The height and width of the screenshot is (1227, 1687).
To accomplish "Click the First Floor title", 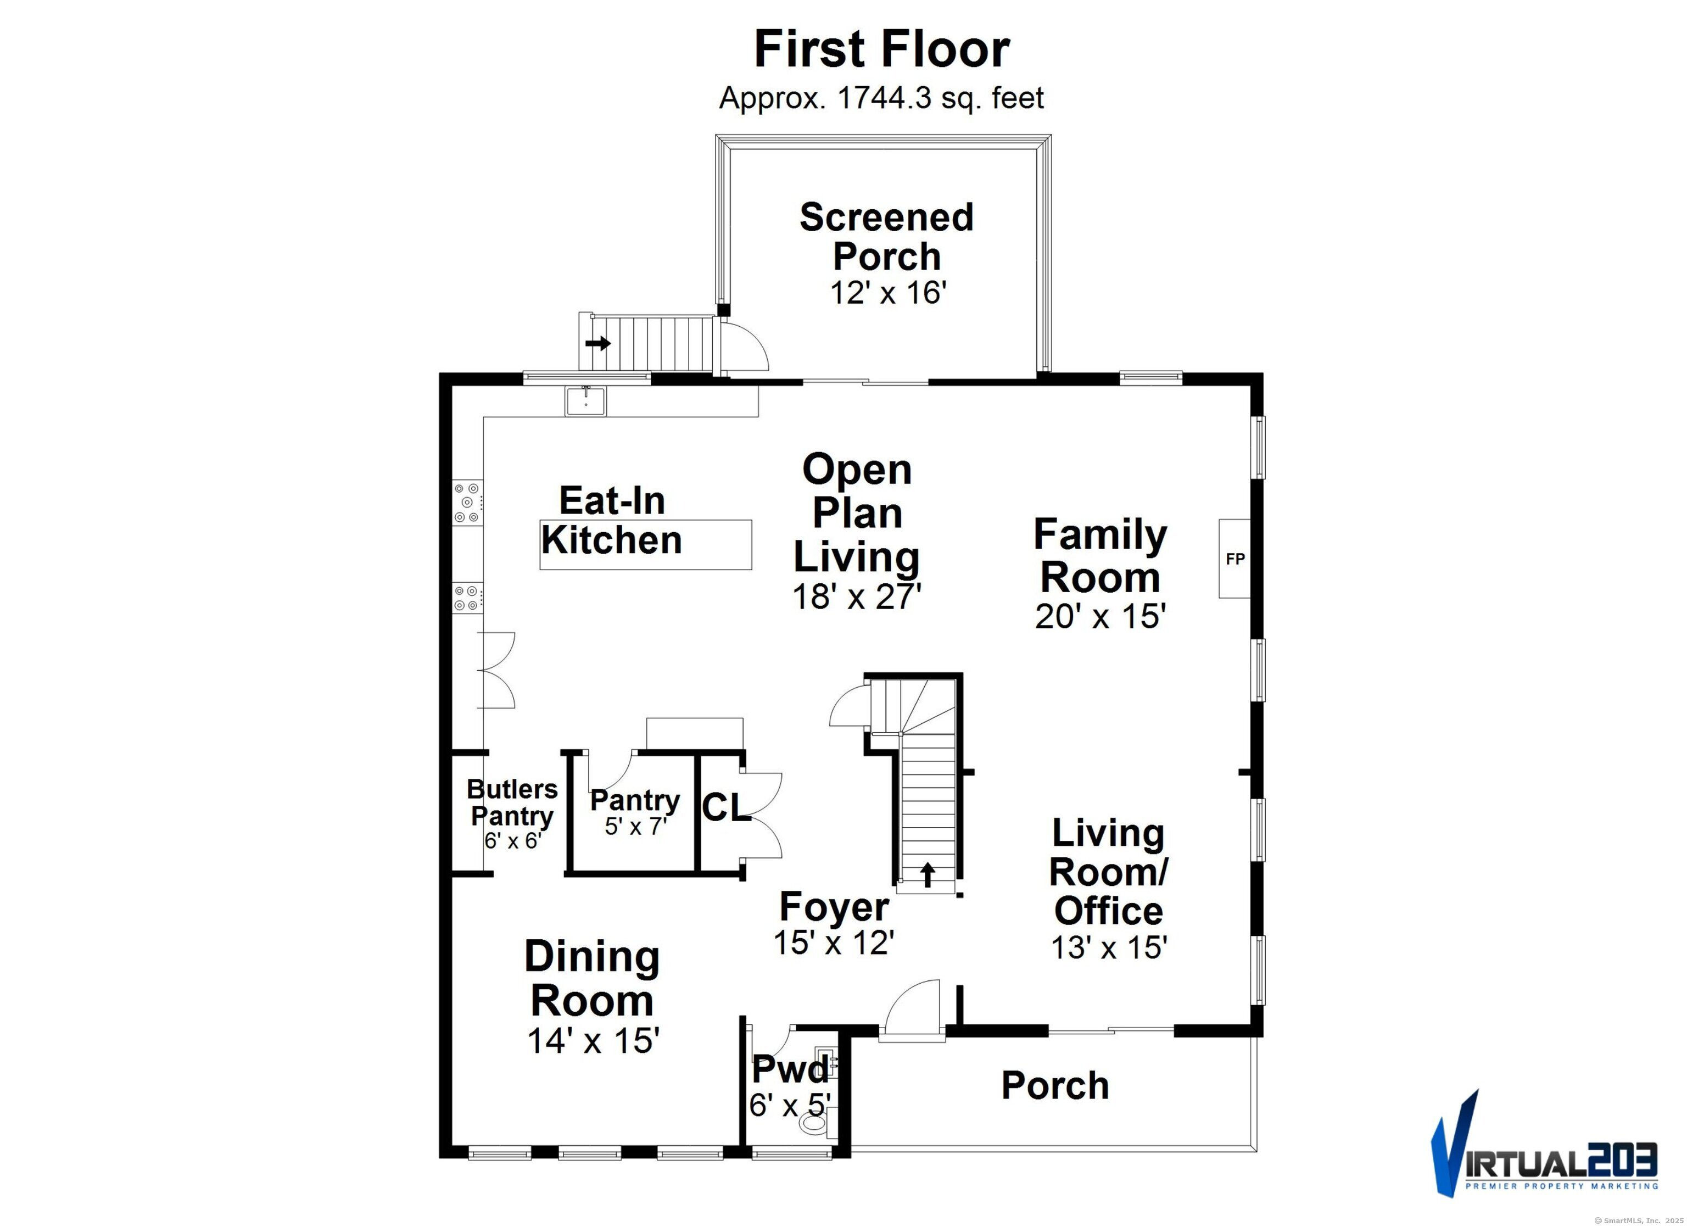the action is pos(882,49).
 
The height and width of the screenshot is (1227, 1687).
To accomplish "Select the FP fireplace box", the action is pos(1234,558).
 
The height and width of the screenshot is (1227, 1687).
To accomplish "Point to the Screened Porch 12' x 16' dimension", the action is pos(887,293).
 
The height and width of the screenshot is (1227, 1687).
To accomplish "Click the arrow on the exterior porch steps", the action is pos(598,344).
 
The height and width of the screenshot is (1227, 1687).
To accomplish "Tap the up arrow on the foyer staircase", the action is pos(928,875).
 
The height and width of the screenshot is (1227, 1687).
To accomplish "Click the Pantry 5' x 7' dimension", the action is pos(635,826).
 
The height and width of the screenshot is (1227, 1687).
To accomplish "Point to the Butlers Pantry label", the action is pos(512,802).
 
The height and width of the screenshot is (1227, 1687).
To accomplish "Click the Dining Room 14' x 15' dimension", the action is pos(593,1040).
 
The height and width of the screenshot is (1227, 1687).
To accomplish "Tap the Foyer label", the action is pos(834,906).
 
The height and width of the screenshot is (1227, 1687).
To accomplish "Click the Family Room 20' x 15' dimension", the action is pos(1100,616).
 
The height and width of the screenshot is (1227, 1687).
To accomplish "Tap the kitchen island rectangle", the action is pos(646,545).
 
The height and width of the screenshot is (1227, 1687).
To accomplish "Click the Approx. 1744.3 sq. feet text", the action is pos(881,97).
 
